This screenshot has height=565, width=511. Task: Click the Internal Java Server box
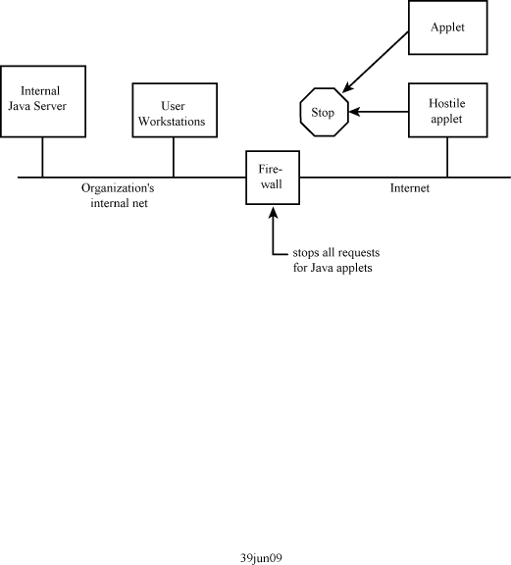(43, 101)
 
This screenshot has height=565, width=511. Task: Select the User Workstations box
(175, 110)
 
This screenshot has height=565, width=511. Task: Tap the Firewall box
(273, 178)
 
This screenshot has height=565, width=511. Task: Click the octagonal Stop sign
(325, 112)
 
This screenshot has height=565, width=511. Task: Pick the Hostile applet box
(448, 110)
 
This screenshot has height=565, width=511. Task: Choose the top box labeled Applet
(448, 27)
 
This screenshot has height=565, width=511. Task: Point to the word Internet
(410, 188)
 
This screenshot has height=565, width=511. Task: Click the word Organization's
(118, 188)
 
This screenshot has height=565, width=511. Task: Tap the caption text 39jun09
(261, 558)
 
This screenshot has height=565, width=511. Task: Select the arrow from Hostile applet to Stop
(379, 112)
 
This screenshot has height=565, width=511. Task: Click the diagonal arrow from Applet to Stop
(375, 62)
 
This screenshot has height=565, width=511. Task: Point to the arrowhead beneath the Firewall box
(274, 212)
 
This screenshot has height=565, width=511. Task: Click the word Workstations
(172, 122)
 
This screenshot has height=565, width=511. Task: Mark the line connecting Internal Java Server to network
(42, 157)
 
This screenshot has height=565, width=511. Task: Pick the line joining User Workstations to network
(174, 158)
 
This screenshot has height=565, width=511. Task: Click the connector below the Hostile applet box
(447, 158)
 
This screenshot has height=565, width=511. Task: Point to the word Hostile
(446, 103)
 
